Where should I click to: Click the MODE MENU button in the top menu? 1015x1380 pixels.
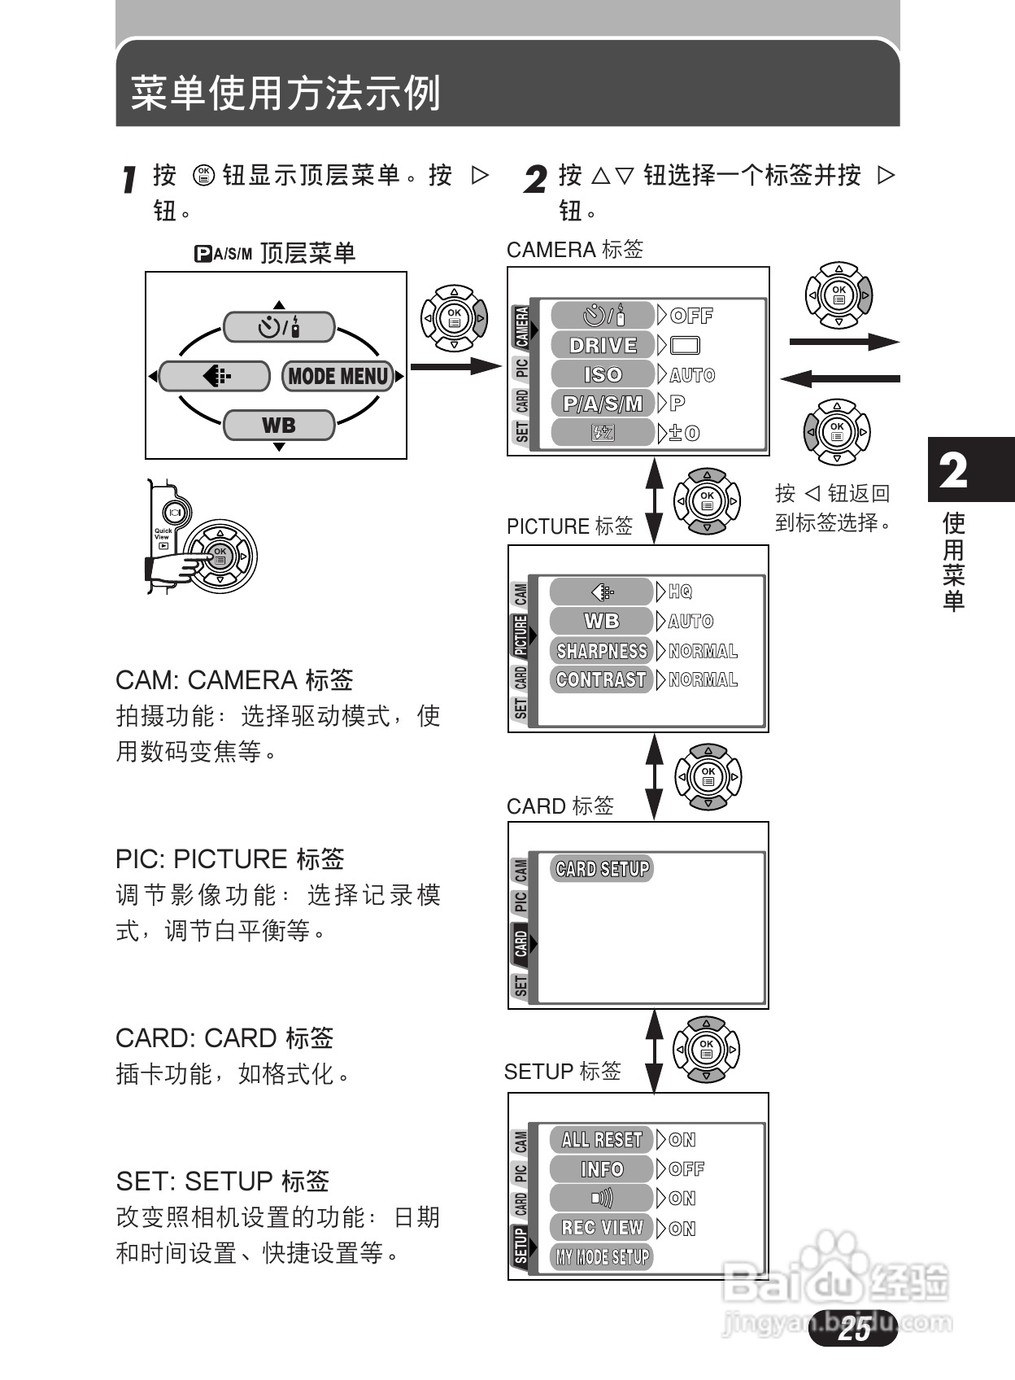click(338, 376)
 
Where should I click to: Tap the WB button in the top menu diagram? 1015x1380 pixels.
click(279, 425)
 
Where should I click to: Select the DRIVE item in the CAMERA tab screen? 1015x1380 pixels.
click(603, 345)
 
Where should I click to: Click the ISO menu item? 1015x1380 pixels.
click(603, 374)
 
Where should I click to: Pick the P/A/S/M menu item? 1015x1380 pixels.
click(603, 404)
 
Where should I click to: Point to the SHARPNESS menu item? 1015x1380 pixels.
click(602, 651)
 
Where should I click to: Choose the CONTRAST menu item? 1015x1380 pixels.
click(602, 679)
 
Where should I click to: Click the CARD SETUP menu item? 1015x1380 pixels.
click(603, 869)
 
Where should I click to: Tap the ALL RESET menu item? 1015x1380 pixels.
click(602, 1139)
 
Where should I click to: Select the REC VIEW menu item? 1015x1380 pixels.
click(602, 1227)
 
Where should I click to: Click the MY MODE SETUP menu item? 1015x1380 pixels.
click(603, 1256)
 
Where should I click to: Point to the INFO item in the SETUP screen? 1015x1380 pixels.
click(602, 1168)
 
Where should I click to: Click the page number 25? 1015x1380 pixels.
click(854, 1329)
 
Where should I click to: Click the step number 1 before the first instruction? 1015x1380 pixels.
click(129, 180)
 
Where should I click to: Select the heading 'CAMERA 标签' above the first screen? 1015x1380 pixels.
click(575, 250)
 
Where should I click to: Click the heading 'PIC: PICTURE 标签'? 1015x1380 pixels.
click(230, 859)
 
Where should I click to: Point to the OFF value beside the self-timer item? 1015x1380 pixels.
click(692, 316)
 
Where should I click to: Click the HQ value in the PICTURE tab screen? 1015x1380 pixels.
click(681, 592)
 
